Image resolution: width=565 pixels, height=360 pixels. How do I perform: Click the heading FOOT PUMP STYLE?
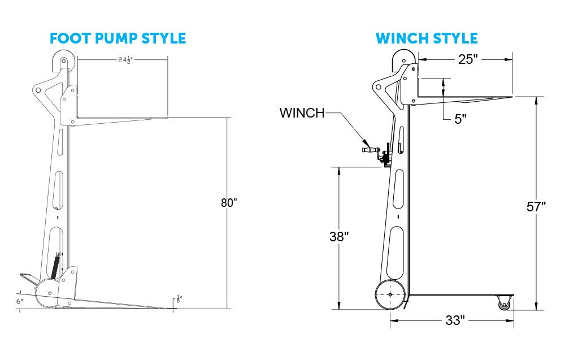(x=118, y=38)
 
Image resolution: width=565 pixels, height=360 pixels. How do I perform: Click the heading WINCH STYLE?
(x=427, y=38)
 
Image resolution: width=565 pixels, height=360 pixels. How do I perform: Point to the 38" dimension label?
(x=339, y=237)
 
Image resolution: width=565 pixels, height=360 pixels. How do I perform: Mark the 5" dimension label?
(x=460, y=119)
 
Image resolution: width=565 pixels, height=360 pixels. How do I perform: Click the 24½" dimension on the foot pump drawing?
(x=125, y=60)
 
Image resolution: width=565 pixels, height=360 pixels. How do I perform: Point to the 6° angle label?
(x=20, y=302)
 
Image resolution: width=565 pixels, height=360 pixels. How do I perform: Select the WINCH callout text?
(x=302, y=113)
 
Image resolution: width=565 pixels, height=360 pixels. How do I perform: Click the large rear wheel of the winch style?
(x=390, y=294)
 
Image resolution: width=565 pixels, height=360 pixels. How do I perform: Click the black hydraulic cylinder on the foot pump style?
(x=55, y=266)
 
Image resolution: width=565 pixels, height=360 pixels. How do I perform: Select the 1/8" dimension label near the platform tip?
(x=179, y=300)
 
